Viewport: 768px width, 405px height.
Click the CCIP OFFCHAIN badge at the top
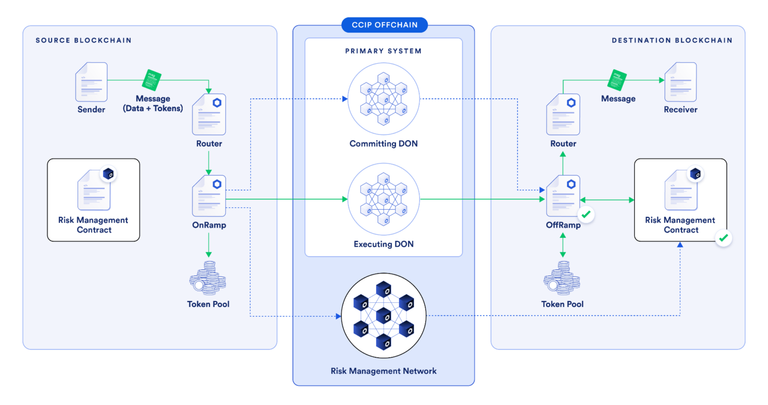[x=384, y=25]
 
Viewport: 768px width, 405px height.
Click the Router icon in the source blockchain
[x=209, y=114]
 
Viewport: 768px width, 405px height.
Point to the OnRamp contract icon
[x=209, y=196]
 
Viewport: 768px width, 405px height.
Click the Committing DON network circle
[x=383, y=98]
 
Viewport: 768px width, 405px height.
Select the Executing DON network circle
[x=383, y=199]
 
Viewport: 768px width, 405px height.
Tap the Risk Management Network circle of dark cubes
[x=383, y=315]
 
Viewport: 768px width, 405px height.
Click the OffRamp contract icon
[x=563, y=196]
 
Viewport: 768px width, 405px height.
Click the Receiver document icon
[x=680, y=82]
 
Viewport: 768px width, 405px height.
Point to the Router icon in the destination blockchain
[x=563, y=114]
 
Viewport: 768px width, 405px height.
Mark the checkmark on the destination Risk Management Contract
[x=723, y=238]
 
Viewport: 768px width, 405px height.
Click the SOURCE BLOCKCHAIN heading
[x=83, y=40]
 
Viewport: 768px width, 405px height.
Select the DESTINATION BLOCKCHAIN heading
[x=671, y=40]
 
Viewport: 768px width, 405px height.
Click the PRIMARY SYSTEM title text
[x=383, y=51]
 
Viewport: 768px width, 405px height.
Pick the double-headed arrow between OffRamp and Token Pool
[x=563, y=245]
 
